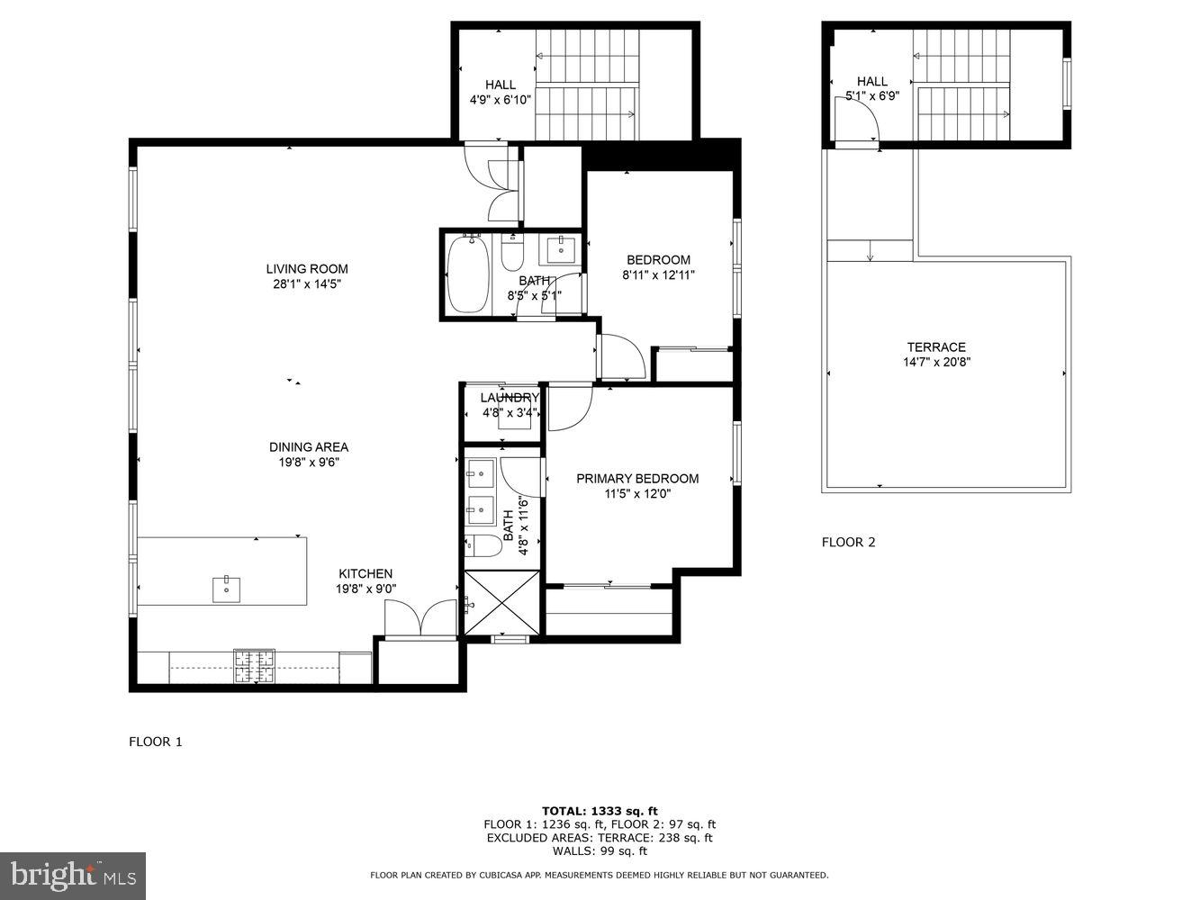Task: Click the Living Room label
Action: tap(306, 268)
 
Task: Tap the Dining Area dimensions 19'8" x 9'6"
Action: tap(308, 463)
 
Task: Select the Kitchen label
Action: tap(365, 573)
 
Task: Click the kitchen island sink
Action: tap(226, 589)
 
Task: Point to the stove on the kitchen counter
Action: tap(254, 666)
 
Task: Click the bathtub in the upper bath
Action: tap(467, 274)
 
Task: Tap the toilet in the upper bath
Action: tap(511, 254)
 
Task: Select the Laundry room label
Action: tap(509, 398)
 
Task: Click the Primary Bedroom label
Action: tap(637, 479)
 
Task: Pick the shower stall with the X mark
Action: tap(502, 603)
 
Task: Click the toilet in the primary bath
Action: tap(483, 544)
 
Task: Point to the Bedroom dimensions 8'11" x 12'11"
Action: tap(658, 275)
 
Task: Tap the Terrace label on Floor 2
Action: tap(936, 347)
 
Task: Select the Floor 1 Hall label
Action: tap(501, 85)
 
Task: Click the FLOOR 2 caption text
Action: tap(848, 542)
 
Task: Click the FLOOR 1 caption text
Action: tap(156, 742)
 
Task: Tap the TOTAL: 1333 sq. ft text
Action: tap(600, 810)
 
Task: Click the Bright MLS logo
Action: tap(73, 875)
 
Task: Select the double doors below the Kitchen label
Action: tap(420, 619)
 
